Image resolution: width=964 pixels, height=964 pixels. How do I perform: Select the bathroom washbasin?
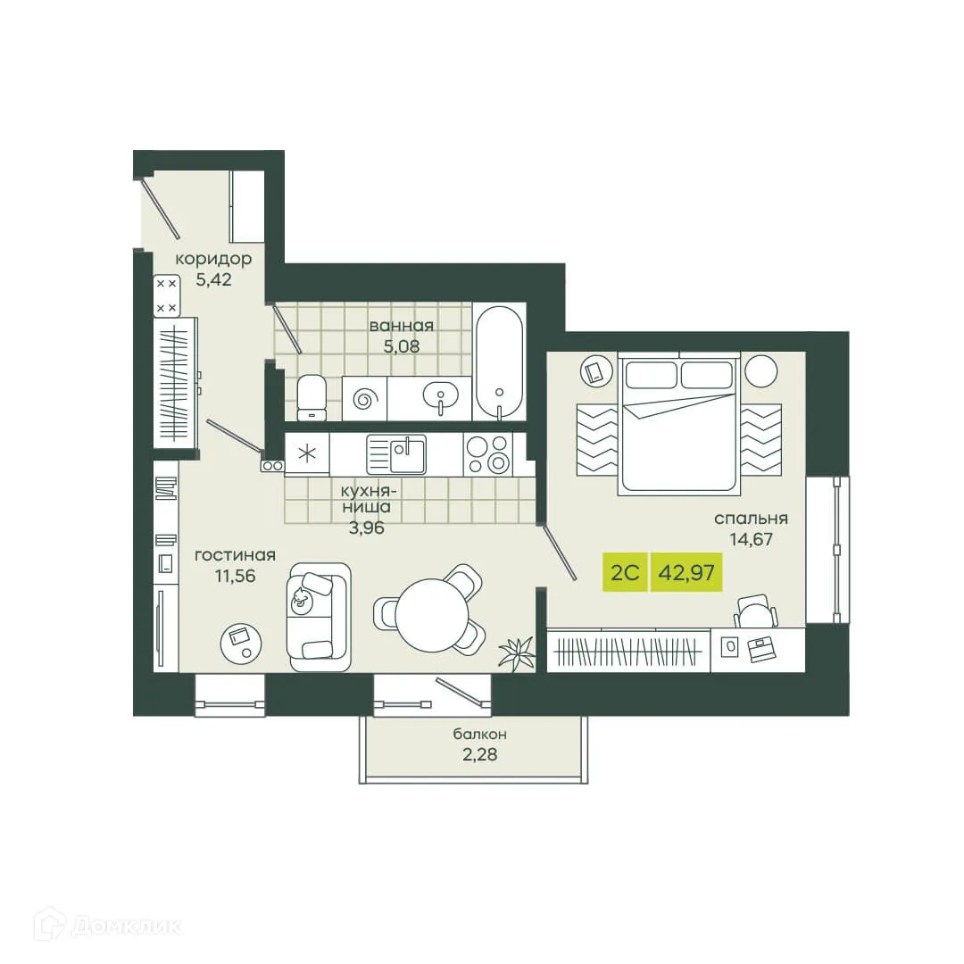click(x=440, y=395)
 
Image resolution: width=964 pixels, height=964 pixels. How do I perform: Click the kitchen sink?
click(x=396, y=454)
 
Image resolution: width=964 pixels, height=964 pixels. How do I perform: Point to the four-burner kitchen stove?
click(x=488, y=454)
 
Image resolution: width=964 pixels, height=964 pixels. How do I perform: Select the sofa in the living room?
click(x=319, y=617)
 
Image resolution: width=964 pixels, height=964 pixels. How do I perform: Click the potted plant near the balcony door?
click(x=517, y=653)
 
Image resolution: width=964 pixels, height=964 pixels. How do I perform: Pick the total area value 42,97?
click(x=686, y=572)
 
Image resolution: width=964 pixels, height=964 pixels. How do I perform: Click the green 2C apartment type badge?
click(x=625, y=572)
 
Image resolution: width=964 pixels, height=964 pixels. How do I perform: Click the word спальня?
click(x=750, y=518)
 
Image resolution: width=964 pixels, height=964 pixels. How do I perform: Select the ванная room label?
click(x=402, y=325)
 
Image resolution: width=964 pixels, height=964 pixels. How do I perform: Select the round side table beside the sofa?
click(x=242, y=638)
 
